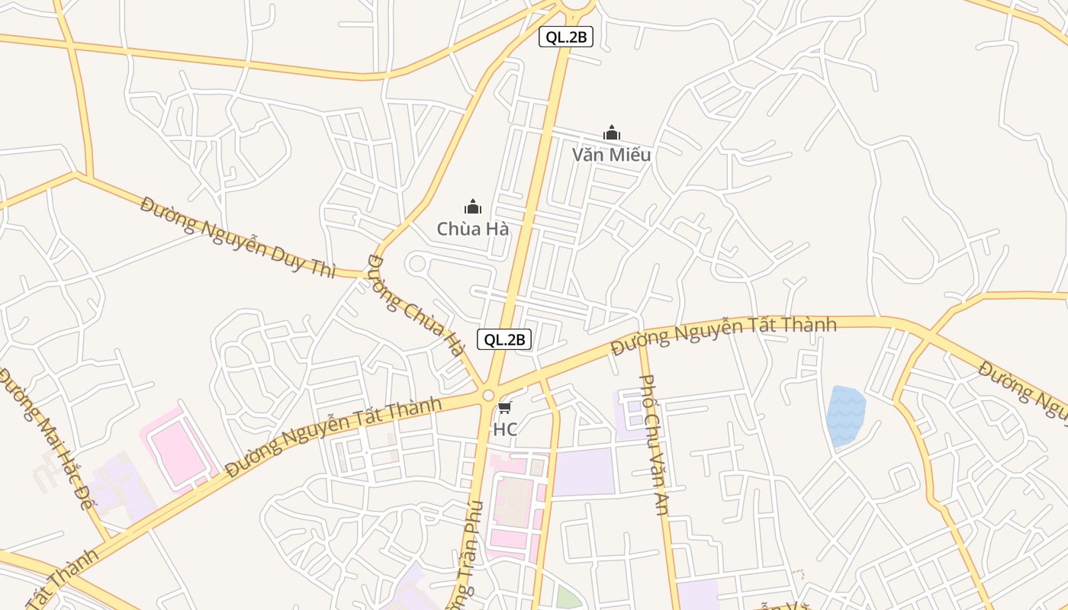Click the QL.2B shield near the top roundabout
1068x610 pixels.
tap(566, 37)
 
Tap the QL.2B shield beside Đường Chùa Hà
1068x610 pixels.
tap(504, 339)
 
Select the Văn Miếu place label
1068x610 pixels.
tap(611, 155)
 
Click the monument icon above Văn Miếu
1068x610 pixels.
tap(611, 133)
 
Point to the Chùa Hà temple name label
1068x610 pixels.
tap(473, 228)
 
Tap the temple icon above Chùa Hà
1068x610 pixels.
tap(473, 207)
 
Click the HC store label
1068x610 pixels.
tap(505, 429)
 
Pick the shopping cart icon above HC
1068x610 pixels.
tap(505, 408)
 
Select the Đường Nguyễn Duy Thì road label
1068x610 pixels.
tap(238, 236)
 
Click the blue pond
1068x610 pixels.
tap(845, 416)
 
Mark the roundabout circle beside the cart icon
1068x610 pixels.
tap(488, 395)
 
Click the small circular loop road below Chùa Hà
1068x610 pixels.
tap(417, 264)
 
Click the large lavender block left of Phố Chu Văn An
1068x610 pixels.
tap(584, 472)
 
